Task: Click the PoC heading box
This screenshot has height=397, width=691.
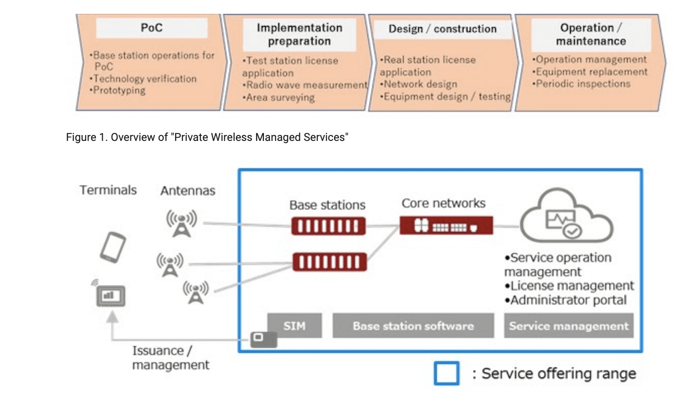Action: pyautogui.click(x=152, y=28)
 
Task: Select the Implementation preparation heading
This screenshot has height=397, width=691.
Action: pyautogui.click(x=299, y=35)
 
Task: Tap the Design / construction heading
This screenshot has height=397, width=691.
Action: pyautogui.click(x=442, y=29)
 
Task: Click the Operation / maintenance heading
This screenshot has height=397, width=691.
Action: pyautogui.click(x=591, y=35)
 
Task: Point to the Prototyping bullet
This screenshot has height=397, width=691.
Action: pyautogui.click(x=119, y=90)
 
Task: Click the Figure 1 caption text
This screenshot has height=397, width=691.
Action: pyautogui.click(x=207, y=137)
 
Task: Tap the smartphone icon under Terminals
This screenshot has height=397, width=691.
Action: pyautogui.click(x=113, y=247)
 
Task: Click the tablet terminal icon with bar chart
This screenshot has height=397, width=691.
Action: pyautogui.click(x=110, y=296)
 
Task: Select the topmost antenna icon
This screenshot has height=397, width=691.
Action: pyautogui.click(x=182, y=223)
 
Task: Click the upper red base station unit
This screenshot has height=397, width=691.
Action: pyautogui.click(x=328, y=226)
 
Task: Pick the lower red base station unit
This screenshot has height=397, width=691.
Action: pyautogui.click(x=329, y=262)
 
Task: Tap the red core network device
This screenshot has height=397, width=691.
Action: pyautogui.click(x=446, y=226)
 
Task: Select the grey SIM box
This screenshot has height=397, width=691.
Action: pyautogui.click(x=294, y=326)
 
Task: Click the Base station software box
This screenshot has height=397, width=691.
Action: pyautogui.click(x=413, y=326)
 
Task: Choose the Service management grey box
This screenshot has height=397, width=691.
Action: pyautogui.click(x=568, y=326)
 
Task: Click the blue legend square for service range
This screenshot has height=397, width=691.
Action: pyautogui.click(x=446, y=373)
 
